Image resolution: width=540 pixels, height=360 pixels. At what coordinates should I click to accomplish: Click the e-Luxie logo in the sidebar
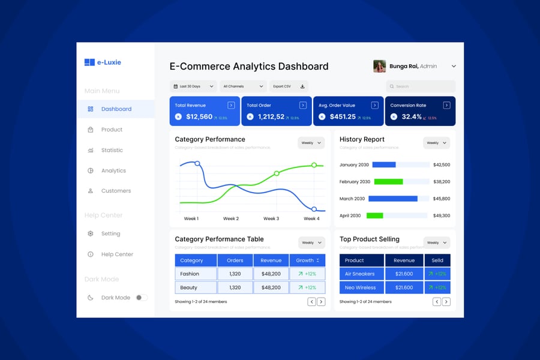point(103,62)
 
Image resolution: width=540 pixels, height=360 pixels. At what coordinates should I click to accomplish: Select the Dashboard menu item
point(116,109)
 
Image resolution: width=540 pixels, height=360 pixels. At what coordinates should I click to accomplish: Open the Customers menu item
point(116,191)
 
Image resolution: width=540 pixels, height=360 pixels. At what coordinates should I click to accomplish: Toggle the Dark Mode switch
point(141,298)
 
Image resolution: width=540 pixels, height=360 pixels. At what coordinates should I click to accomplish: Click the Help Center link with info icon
point(117,254)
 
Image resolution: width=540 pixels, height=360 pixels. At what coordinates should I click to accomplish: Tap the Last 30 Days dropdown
point(193,86)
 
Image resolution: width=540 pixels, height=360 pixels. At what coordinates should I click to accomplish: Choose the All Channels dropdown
point(243,86)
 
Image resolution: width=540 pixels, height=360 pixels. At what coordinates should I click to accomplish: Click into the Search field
point(421,86)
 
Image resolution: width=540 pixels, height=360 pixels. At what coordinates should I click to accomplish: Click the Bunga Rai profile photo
point(379,66)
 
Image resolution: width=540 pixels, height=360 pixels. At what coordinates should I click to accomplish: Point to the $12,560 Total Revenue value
point(199,117)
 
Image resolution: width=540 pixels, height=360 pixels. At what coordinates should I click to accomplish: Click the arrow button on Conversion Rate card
point(446,105)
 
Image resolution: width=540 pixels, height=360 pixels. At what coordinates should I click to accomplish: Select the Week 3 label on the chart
point(271,218)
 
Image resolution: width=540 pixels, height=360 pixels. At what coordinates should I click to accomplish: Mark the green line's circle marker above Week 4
point(314,165)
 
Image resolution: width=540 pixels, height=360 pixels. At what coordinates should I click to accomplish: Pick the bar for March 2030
point(393,199)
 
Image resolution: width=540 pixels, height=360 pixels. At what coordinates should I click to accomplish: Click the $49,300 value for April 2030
point(442,215)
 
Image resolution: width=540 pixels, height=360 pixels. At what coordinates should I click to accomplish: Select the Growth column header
point(307,260)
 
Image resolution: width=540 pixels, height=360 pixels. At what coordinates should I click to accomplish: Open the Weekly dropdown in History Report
point(436,143)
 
